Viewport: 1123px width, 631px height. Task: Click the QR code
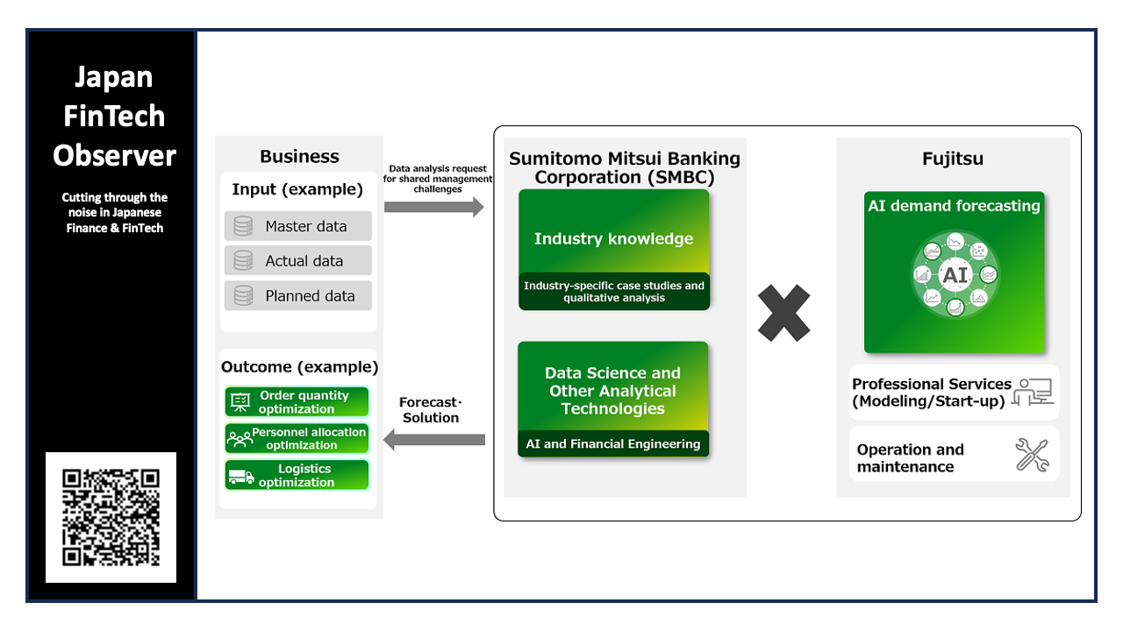[x=111, y=517]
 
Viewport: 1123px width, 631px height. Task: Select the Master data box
[x=297, y=226]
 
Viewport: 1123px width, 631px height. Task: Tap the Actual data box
[x=297, y=260]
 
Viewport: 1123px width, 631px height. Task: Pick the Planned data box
[x=297, y=295]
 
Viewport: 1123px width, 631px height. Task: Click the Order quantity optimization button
[x=297, y=401]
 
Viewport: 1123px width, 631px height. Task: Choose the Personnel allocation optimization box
[x=297, y=438]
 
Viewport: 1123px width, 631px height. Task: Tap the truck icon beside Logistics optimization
[x=241, y=476]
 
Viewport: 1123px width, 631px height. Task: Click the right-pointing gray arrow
[x=434, y=207]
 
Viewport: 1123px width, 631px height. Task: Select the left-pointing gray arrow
[x=434, y=440]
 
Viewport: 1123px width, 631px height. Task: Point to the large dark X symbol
[x=783, y=313]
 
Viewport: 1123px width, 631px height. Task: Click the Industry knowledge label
[x=613, y=238]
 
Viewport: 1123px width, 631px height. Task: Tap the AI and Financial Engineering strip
[x=613, y=443]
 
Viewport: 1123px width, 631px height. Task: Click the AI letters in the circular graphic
[x=955, y=275]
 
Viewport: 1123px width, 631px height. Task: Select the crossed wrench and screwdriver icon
[x=1033, y=455]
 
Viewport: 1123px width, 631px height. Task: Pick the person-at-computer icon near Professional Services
[x=1033, y=392]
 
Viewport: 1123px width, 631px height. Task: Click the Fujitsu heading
[x=953, y=159]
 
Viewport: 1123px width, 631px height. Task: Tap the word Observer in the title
[x=114, y=155]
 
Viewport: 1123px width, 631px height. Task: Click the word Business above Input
[x=299, y=156]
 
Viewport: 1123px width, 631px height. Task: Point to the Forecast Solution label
[x=431, y=409]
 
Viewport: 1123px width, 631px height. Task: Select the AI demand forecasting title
[x=954, y=205]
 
